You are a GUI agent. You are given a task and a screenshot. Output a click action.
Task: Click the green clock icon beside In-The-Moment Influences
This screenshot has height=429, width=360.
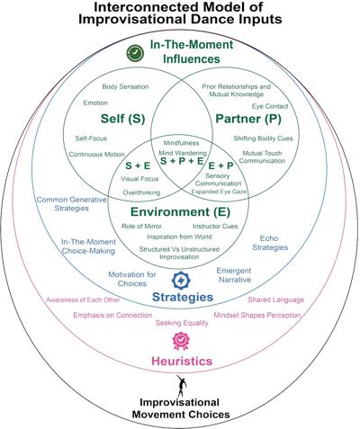(x=135, y=53)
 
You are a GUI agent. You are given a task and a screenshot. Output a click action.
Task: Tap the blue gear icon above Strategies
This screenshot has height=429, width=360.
(x=181, y=281)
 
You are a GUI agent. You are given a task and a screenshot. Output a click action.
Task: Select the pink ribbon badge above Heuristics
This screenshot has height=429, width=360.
(x=181, y=341)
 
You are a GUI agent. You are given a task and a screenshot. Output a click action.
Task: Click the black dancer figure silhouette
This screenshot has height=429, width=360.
(x=181, y=386)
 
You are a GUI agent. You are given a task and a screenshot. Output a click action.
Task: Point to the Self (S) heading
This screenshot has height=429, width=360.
(x=122, y=119)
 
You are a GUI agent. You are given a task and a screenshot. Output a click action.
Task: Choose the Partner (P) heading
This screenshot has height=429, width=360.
(x=248, y=119)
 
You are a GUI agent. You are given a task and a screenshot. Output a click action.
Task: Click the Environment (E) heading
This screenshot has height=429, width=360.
(x=180, y=212)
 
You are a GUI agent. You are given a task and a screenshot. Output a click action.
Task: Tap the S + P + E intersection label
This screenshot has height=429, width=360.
(x=182, y=161)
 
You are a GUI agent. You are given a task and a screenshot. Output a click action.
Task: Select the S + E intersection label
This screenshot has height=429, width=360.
(x=138, y=165)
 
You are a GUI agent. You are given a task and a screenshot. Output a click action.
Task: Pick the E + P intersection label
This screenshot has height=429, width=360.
(x=220, y=165)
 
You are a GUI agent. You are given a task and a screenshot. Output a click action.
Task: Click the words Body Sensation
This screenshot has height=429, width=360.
(x=125, y=86)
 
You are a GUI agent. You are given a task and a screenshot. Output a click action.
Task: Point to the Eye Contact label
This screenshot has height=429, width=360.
(x=270, y=106)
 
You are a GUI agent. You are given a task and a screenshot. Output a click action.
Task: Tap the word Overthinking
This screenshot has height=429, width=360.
(x=141, y=192)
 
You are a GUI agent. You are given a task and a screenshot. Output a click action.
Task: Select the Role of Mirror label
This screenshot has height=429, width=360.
(x=141, y=226)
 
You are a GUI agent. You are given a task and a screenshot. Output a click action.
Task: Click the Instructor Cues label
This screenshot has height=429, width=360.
(x=215, y=226)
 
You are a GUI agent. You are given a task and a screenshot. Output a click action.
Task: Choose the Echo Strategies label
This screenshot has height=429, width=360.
(x=270, y=243)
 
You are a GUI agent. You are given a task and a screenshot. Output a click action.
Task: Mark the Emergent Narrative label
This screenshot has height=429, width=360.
(x=234, y=275)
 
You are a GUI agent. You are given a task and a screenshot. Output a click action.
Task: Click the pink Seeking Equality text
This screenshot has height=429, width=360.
(x=182, y=323)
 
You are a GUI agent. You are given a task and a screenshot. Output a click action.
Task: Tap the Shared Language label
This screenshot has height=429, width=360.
(x=275, y=299)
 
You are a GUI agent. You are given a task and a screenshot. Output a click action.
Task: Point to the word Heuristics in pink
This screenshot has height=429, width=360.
(x=182, y=361)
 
